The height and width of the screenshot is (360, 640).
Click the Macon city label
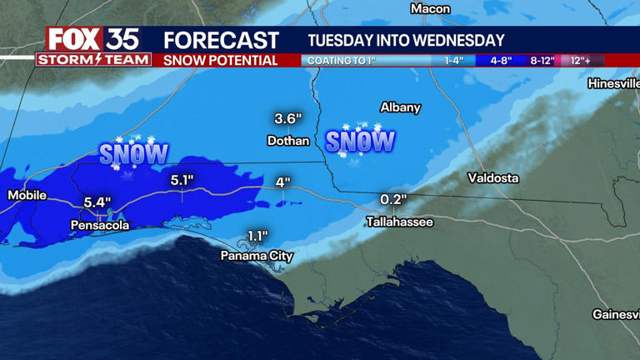pos(430,9)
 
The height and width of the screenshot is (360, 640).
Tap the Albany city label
pos(400,107)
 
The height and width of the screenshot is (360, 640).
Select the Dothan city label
pos(288,141)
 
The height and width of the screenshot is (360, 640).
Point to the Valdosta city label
pos(492,177)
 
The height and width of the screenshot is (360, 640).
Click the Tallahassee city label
pos(400,222)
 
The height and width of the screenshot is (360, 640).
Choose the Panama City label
pos(257,256)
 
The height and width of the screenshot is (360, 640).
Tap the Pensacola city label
pos(100,225)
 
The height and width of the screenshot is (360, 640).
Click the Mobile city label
pos(27,195)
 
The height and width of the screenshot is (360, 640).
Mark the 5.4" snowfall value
pos(97,202)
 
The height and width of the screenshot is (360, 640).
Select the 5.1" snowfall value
pos(182,180)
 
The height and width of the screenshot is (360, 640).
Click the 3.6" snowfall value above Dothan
pos(287,118)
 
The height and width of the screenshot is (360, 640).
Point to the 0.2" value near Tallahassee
pos(392,200)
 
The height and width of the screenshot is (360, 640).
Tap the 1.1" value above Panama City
pos(258,236)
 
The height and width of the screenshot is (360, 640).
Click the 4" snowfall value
pos(282,182)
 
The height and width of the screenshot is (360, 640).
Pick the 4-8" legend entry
pos(501,61)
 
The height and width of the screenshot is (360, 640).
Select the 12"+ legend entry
pos(581,61)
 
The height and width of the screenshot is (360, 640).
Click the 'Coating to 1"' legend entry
pos(340,61)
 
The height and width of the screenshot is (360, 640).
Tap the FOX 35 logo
pos(92,39)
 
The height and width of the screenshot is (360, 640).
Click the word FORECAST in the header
pos(221,40)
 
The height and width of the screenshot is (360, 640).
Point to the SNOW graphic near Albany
pos(360,141)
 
